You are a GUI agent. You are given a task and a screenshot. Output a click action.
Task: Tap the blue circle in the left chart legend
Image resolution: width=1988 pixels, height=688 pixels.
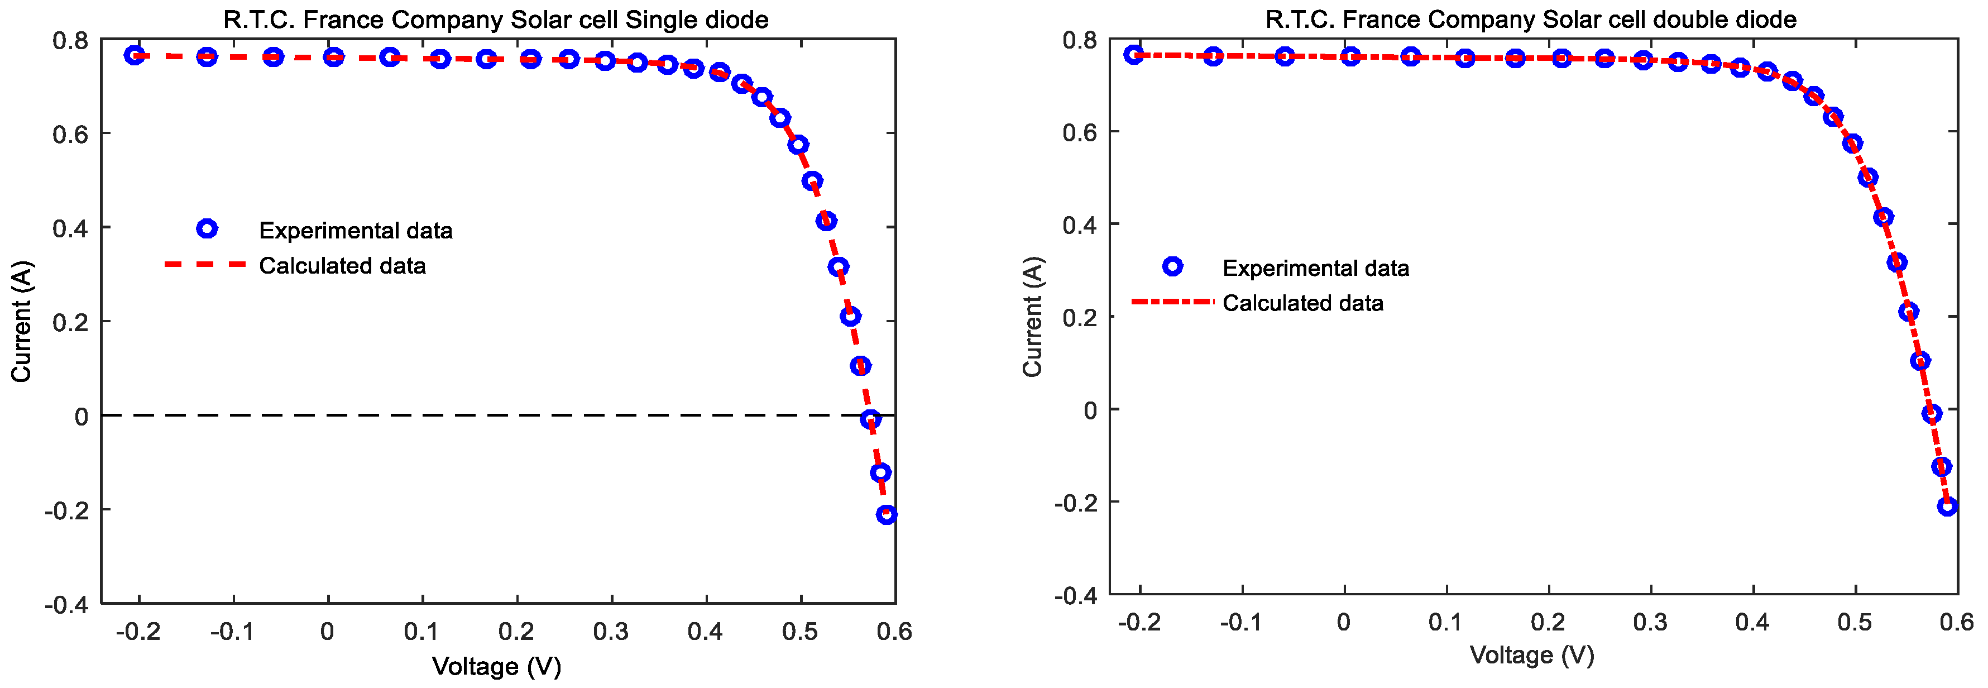207,228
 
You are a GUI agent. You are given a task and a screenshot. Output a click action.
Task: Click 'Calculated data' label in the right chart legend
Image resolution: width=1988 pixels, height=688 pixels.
1302,303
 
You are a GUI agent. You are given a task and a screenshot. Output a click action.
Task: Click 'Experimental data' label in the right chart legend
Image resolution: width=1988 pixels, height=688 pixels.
1316,268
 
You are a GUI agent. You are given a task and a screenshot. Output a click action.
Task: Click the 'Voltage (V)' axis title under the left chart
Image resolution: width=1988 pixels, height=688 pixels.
496,666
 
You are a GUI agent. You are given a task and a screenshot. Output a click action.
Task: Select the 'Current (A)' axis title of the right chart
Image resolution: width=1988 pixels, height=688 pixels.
1033,317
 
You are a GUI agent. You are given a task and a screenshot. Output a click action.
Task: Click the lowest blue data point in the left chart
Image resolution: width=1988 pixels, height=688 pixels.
887,514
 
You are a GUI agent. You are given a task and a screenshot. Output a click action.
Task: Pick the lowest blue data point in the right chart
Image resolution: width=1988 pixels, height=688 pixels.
1947,506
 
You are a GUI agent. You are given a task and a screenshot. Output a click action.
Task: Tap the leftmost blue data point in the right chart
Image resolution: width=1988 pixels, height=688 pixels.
1133,54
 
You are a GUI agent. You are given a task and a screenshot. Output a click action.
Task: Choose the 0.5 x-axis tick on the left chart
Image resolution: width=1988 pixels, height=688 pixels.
799,632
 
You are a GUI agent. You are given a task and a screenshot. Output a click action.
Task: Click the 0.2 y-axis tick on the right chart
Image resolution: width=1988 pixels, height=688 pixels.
1080,317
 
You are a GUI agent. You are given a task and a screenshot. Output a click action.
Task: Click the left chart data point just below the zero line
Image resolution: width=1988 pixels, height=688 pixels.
870,419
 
